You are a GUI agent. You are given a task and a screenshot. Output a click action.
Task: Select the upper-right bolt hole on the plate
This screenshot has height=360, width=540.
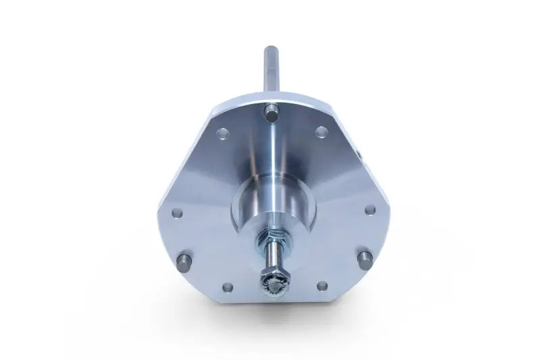pyautogui.click(x=321, y=132)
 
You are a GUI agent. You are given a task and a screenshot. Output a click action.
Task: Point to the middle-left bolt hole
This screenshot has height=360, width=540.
pyautogui.click(x=177, y=213)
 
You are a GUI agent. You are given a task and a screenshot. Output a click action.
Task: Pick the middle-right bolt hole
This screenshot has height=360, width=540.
pyautogui.click(x=370, y=209)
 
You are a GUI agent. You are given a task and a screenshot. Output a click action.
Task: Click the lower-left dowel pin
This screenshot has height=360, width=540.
pyautogui.click(x=184, y=260)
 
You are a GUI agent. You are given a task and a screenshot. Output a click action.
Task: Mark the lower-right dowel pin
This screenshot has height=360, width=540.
pyautogui.click(x=365, y=259)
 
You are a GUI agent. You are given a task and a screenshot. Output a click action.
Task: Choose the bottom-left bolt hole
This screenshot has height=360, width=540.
pyautogui.click(x=227, y=286)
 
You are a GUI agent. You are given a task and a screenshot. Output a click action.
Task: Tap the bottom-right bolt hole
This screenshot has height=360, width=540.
pyautogui.click(x=322, y=286)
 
